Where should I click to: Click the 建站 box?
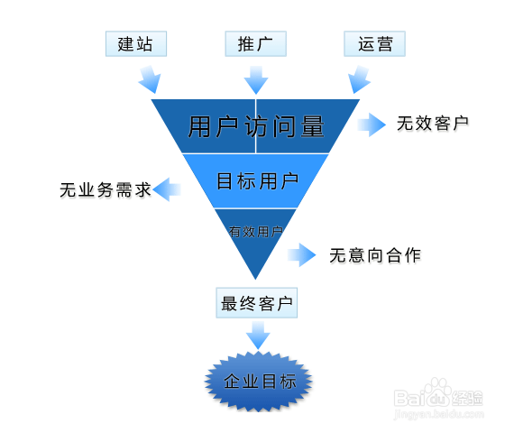[136, 43]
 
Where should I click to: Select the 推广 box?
[256, 43]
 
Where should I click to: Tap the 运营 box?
[375, 43]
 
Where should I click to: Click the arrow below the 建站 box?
[150, 79]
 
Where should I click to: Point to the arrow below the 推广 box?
[256, 80]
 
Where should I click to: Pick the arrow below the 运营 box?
[359, 79]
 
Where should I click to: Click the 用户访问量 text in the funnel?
[256, 126]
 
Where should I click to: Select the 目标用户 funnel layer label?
[257, 180]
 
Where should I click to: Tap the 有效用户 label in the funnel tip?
[256, 232]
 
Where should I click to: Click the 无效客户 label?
[433, 124]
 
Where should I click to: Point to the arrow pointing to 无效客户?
[372, 124]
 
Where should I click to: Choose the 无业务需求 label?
[106, 190]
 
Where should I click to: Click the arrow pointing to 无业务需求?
[167, 189]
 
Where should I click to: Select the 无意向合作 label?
[375, 255]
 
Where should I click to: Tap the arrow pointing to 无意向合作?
[302, 255]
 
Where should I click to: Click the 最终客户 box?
[257, 303]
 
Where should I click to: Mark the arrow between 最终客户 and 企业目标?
[258, 336]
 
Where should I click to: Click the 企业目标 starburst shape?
[258, 382]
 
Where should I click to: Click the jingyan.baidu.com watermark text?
[439, 414]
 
